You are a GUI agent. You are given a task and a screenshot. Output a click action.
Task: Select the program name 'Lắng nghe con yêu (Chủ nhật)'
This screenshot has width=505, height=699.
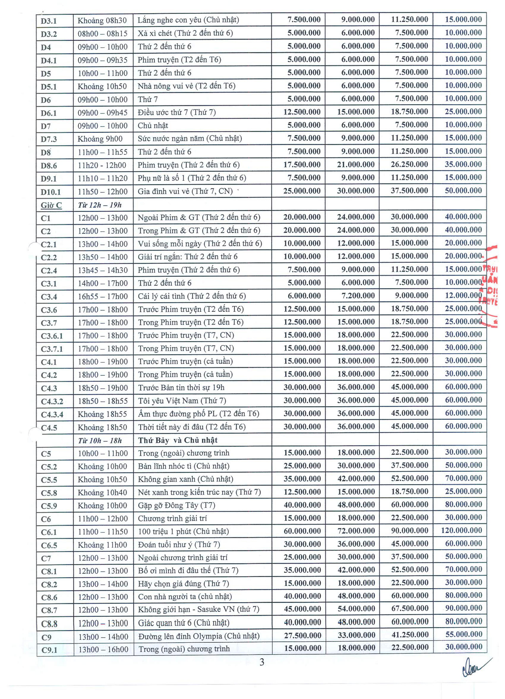click(x=188, y=20)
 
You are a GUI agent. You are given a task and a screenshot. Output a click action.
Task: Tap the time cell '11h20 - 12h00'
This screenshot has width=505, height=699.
click(x=102, y=165)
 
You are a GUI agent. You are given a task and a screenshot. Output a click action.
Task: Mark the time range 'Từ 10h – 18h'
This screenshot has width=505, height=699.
click(x=100, y=440)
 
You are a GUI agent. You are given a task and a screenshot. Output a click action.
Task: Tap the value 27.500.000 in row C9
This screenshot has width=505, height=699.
click(x=302, y=635)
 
